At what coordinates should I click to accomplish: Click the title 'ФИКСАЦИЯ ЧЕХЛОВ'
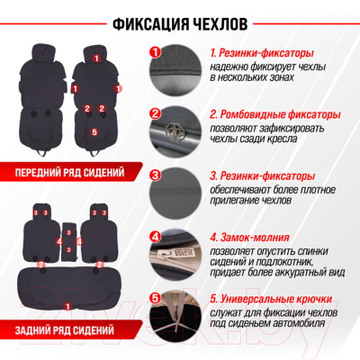[x=180, y=23]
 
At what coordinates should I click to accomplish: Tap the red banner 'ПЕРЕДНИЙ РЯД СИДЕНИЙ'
[x=70, y=172]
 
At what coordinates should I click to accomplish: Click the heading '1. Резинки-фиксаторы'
[x=262, y=53]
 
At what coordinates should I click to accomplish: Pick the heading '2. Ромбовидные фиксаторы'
[x=275, y=114]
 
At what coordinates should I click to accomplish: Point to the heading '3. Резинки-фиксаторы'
[x=263, y=176]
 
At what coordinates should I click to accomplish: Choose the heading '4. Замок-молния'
[x=249, y=238]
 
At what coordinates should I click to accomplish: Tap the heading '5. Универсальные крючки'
[x=271, y=299]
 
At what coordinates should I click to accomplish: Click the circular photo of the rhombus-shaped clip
[x=175, y=131]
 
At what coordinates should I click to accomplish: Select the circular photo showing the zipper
[x=175, y=255]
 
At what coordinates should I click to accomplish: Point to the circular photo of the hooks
[x=175, y=316]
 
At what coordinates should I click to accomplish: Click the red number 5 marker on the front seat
[x=94, y=131]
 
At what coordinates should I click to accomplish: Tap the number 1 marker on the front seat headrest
[x=96, y=58]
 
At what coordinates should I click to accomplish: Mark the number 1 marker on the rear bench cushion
[x=67, y=307]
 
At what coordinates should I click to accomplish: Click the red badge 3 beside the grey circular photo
[x=155, y=175]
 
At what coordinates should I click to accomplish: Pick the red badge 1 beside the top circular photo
[x=155, y=52]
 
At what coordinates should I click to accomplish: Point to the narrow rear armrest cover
[x=69, y=241]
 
